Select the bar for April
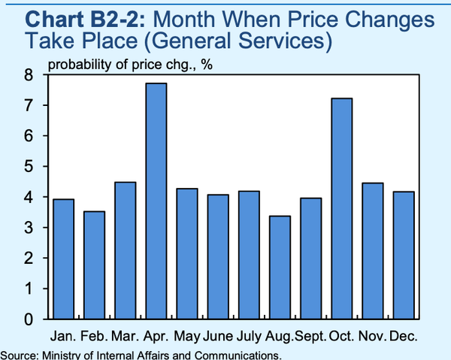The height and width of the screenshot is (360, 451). tap(156, 201)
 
